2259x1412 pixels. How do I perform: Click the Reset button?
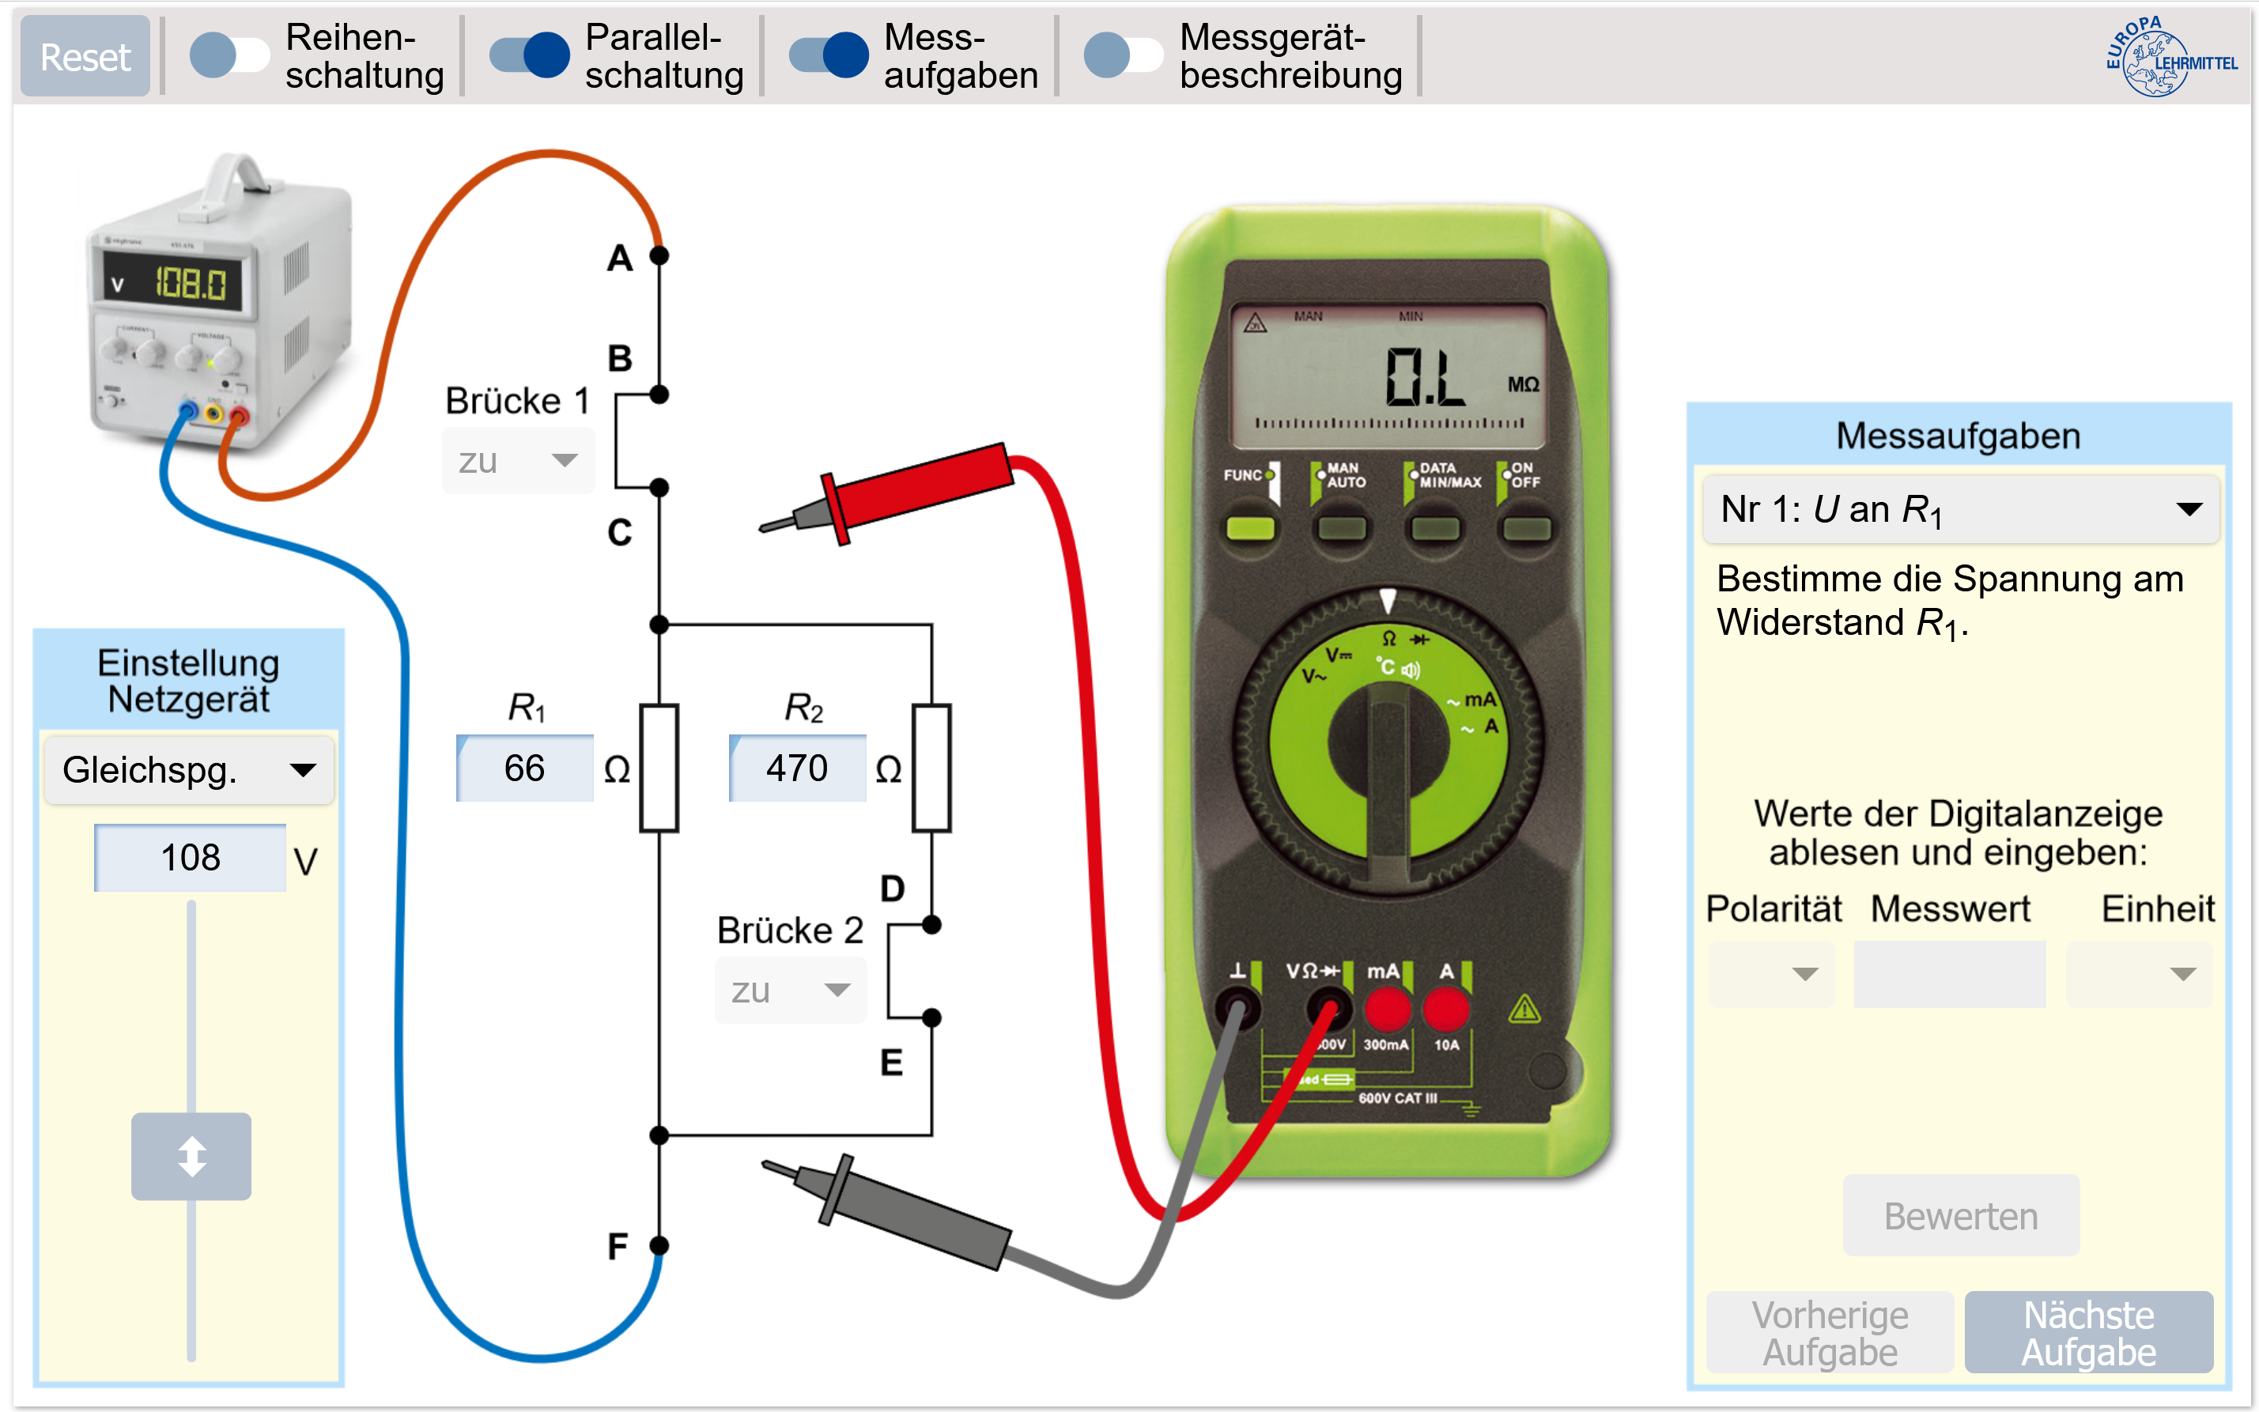[85, 57]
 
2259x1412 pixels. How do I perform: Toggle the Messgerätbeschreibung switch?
[1124, 55]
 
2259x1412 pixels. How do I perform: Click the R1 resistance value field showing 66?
[525, 768]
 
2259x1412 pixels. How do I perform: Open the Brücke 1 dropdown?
[518, 460]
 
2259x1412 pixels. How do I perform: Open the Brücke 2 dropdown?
[791, 990]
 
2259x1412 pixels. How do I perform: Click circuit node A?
[659, 255]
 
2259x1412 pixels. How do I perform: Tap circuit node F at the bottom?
[659, 1245]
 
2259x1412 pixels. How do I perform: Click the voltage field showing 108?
[191, 857]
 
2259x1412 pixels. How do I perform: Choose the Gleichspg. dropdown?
[190, 771]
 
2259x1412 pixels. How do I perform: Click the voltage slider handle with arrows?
[191, 1156]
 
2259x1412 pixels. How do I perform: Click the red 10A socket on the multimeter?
[1445, 1010]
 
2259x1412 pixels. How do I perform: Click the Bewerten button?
[1960, 1216]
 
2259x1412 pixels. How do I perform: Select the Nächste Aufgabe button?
[2088, 1333]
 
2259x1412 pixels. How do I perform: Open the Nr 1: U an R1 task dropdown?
[1960, 510]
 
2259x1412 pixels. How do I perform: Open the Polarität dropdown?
[1770, 974]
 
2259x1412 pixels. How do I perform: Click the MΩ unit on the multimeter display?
[1523, 385]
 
